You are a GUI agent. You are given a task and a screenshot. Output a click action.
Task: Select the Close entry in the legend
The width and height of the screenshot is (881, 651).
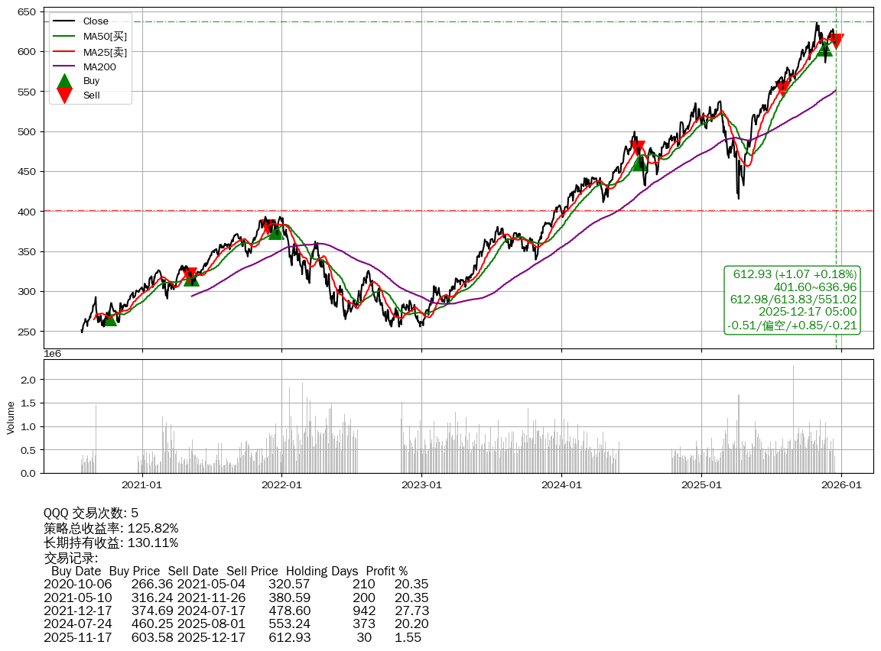coord(96,21)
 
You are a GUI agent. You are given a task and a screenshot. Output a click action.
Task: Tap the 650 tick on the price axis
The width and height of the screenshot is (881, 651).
coord(28,12)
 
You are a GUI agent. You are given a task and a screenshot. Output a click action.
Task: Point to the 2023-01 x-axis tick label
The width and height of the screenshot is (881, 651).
coord(422,484)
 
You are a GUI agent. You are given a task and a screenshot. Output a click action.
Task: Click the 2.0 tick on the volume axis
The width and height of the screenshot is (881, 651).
coord(28,380)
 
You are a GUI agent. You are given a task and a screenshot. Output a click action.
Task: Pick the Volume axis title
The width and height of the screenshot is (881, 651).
coord(11,417)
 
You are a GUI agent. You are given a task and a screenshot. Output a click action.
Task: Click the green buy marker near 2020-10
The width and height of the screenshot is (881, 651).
coord(110,317)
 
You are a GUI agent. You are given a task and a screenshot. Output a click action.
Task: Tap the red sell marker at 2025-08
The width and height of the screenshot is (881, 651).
coord(782,86)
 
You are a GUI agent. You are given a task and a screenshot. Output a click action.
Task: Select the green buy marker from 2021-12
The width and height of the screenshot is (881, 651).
coord(276,230)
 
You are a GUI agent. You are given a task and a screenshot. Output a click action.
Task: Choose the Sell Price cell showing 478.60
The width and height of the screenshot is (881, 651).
coord(289,611)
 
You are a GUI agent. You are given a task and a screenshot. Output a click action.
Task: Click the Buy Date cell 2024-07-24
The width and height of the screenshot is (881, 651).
coord(78,623)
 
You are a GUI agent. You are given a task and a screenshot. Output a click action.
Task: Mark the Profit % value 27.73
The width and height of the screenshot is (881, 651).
coord(411,611)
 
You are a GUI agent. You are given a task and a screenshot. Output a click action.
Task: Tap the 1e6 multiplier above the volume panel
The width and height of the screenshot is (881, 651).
coord(53,354)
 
